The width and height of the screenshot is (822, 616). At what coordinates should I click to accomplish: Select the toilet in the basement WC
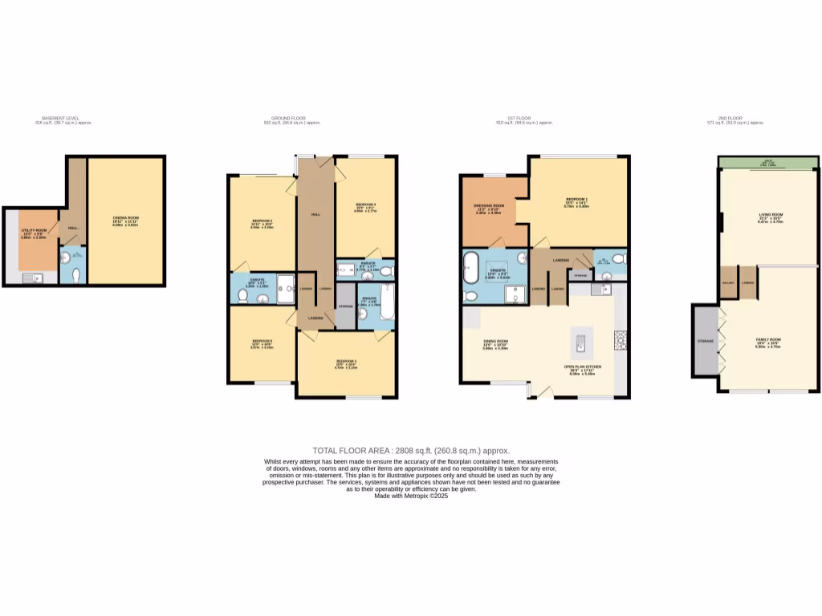(x=76, y=274)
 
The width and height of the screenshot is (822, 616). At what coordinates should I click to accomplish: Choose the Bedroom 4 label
(x=365, y=205)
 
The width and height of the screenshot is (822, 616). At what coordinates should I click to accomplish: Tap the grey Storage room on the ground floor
(x=346, y=306)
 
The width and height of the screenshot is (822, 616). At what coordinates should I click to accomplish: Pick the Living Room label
(x=771, y=215)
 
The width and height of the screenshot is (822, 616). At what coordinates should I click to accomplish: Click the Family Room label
(x=767, y=340)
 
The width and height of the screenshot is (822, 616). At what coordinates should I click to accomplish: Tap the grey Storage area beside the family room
(x=705, y=340)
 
